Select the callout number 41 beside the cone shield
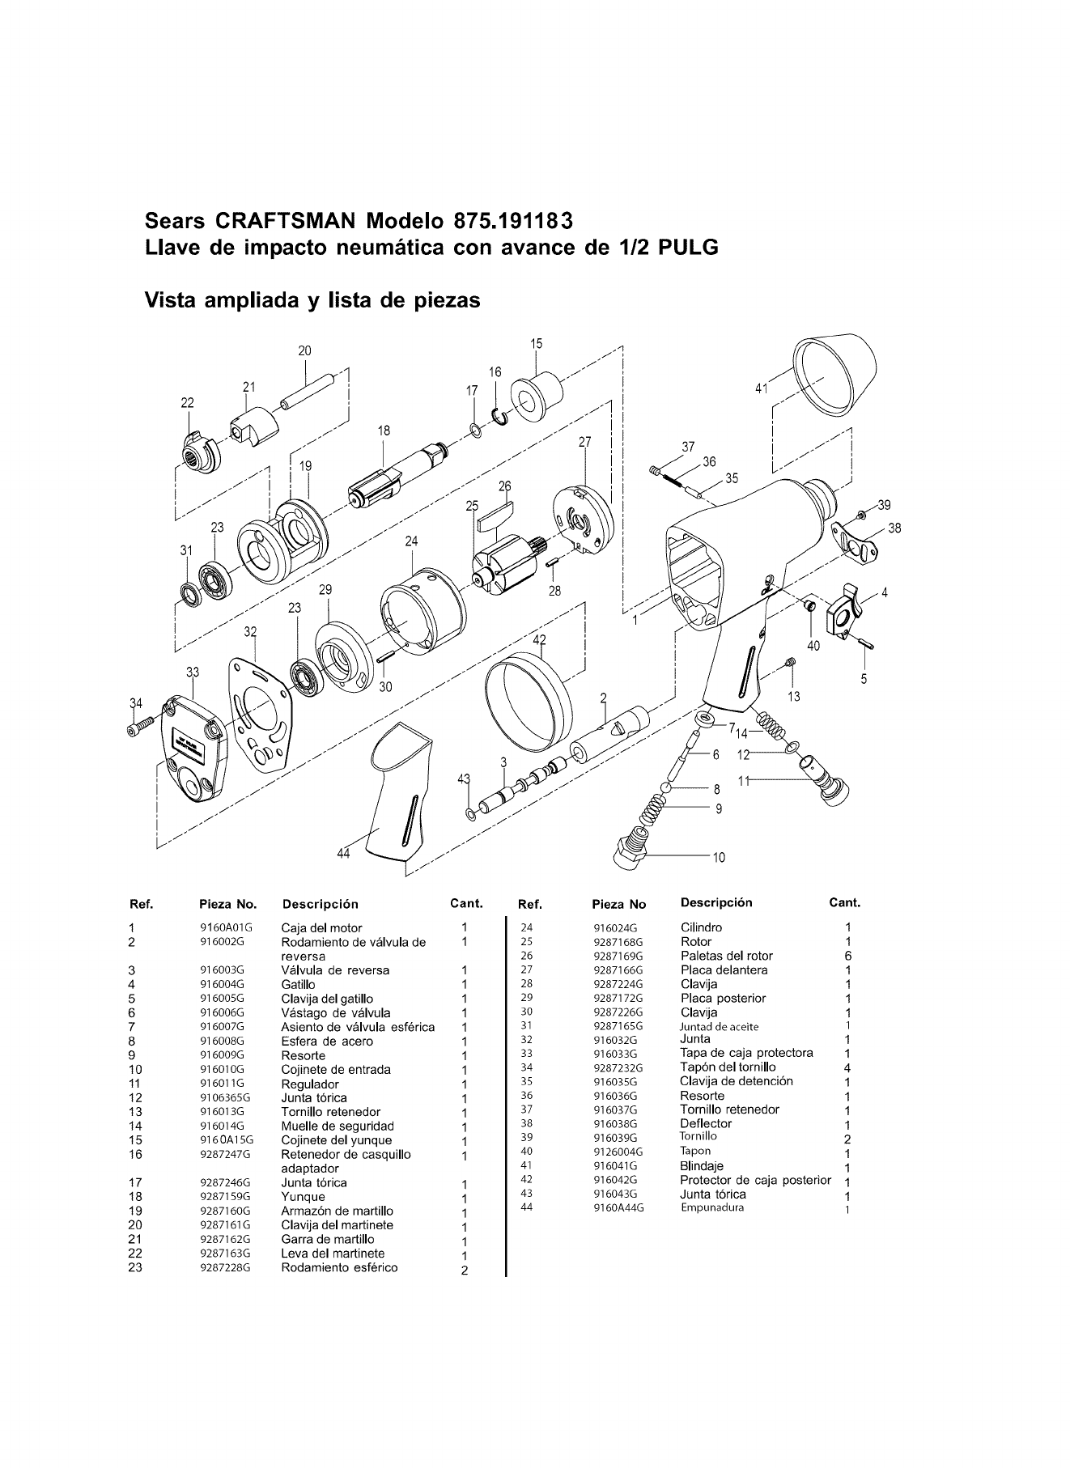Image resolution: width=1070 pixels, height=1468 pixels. [761, 388]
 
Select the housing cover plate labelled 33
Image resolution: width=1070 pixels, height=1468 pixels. [193, 749]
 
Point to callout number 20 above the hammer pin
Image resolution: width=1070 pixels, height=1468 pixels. [304, 350]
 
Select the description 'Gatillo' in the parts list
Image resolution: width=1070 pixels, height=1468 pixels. [299, 984]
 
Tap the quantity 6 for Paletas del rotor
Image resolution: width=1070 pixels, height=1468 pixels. [847, 956]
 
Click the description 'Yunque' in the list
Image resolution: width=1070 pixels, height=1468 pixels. [303, 1197]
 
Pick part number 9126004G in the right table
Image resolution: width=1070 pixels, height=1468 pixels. [618, 1152]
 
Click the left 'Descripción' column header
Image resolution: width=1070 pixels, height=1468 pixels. [320, 904]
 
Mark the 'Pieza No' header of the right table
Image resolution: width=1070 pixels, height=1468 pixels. [619, 904]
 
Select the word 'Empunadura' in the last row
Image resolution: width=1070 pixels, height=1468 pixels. [712, 1208]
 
